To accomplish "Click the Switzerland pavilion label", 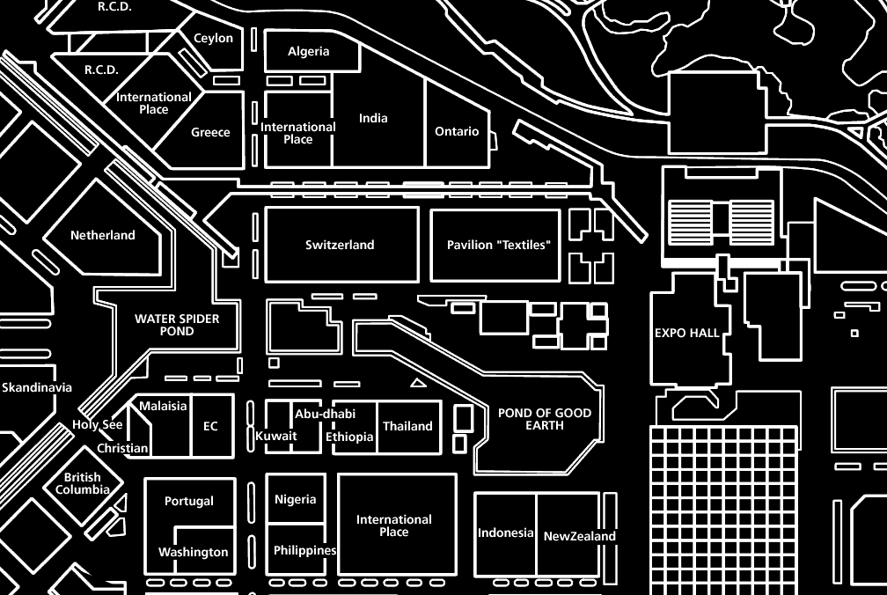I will tap(340, 245).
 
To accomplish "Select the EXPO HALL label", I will tap(686, 333).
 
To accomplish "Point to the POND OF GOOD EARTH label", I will tap(545, 419).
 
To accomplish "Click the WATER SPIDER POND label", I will tap(177, 325).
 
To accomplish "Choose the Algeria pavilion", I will tap(309, 51).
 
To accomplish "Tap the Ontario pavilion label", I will tap(457, 131).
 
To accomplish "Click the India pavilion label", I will tap(373, 118).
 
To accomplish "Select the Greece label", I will tap(211, 132).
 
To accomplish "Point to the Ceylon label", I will tap(213, 38).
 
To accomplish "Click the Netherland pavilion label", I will tap(103, 235).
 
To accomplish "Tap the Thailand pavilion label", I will tap(407, 426).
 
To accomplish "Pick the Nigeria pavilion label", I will tap(295, 499).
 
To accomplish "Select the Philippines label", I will tap(304, 550).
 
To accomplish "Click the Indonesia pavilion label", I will tap(505, 533).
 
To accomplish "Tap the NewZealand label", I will tap(579, 536).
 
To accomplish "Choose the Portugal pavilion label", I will tap(189, 501).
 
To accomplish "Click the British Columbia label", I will tap(83, 483).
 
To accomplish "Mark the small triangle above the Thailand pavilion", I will tap(418, 382).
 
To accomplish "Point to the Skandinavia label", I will tap(37, 387).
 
